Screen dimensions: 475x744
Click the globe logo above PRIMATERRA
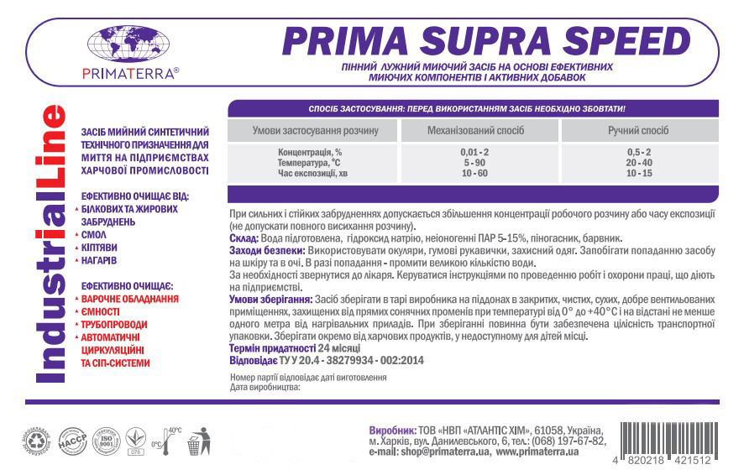point(128,44)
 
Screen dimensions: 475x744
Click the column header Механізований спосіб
point(476,131)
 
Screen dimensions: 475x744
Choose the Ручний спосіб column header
point(638,131)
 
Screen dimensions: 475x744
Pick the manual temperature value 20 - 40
point(638,162)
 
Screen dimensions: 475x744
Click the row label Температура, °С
point(310,162)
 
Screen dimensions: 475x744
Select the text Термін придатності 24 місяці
point(295,347)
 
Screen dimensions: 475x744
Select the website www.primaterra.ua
point(537,452)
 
